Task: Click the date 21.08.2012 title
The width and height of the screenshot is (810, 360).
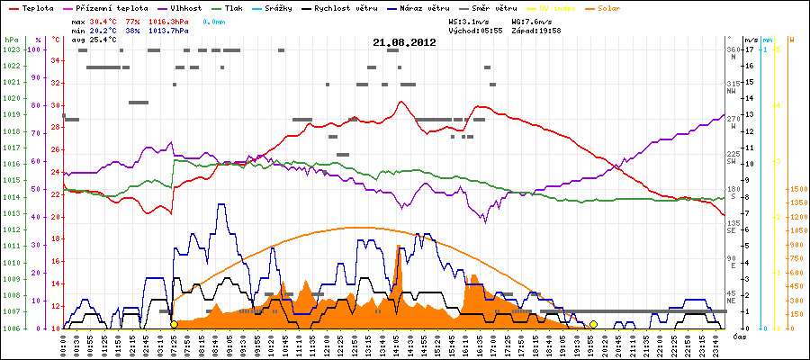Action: [404, 42]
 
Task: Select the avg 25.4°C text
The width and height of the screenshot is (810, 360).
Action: [94, 40]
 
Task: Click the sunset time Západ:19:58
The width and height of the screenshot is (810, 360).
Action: [536, 30]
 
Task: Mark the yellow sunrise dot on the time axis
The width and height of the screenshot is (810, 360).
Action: [174, 324]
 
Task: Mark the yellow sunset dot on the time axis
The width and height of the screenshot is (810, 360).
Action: [594, 324]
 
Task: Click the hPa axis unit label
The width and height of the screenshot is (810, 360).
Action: [11, 40]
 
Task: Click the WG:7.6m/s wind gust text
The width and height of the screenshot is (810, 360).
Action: [530, 20]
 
